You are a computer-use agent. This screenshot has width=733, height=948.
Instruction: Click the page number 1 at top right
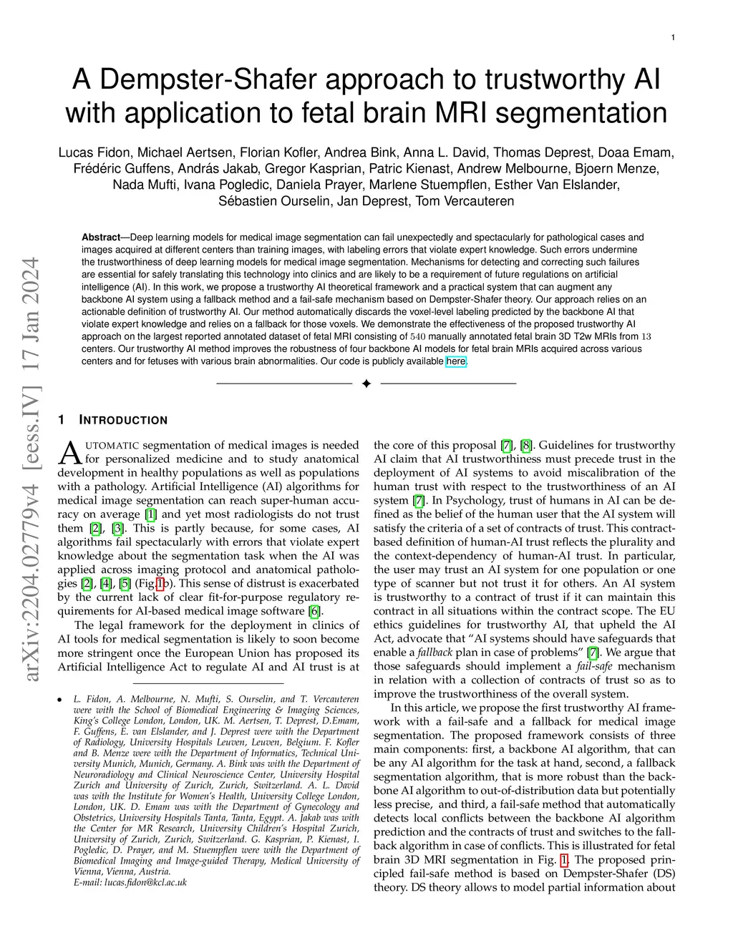pos(674,38)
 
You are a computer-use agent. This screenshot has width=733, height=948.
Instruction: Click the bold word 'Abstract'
pos(101,238)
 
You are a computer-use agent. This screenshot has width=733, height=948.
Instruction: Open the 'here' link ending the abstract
pos(456,361)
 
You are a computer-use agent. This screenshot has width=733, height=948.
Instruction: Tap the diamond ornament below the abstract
pos(366,384)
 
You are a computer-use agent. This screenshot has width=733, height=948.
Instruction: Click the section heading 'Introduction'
pos(122,420)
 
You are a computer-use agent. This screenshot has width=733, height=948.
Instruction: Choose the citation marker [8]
pos(526,446)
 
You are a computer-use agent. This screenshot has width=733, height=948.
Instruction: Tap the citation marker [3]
pos(119,528)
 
